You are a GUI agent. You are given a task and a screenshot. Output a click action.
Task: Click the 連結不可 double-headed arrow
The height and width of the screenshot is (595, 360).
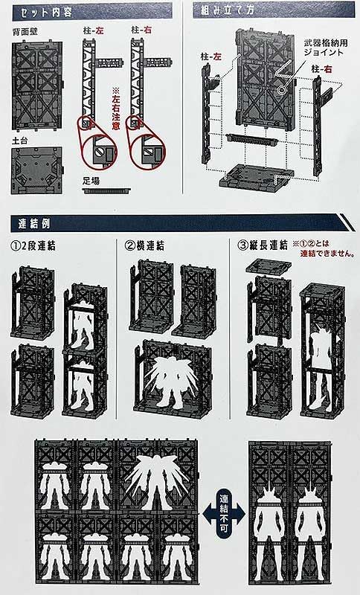[x=225, y=519]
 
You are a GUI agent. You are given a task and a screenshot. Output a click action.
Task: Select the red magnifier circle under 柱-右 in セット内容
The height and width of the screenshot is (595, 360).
[x=146, y=147]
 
